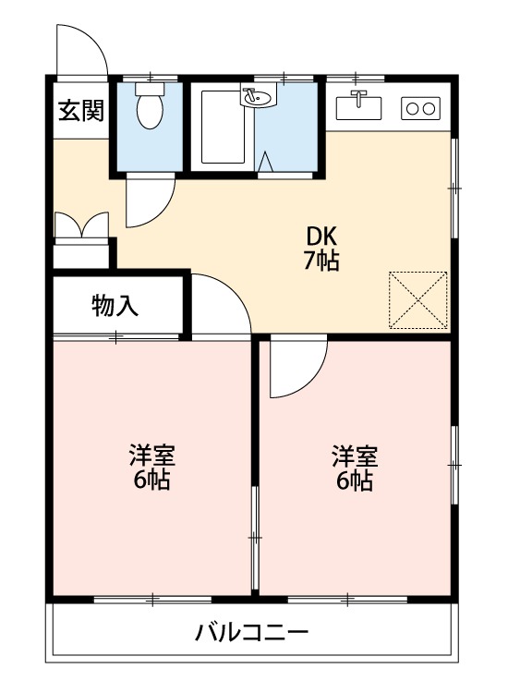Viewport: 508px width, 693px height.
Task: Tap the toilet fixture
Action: pos(148,109)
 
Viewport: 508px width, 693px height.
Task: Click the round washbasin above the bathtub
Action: pos(256,95)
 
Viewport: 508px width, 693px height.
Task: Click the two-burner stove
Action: pos(421,108)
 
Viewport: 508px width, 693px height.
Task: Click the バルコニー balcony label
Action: pos(251,634)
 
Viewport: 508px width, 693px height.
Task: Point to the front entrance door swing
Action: pos(79,48)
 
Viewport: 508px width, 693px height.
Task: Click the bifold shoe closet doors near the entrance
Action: pos(81,227)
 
